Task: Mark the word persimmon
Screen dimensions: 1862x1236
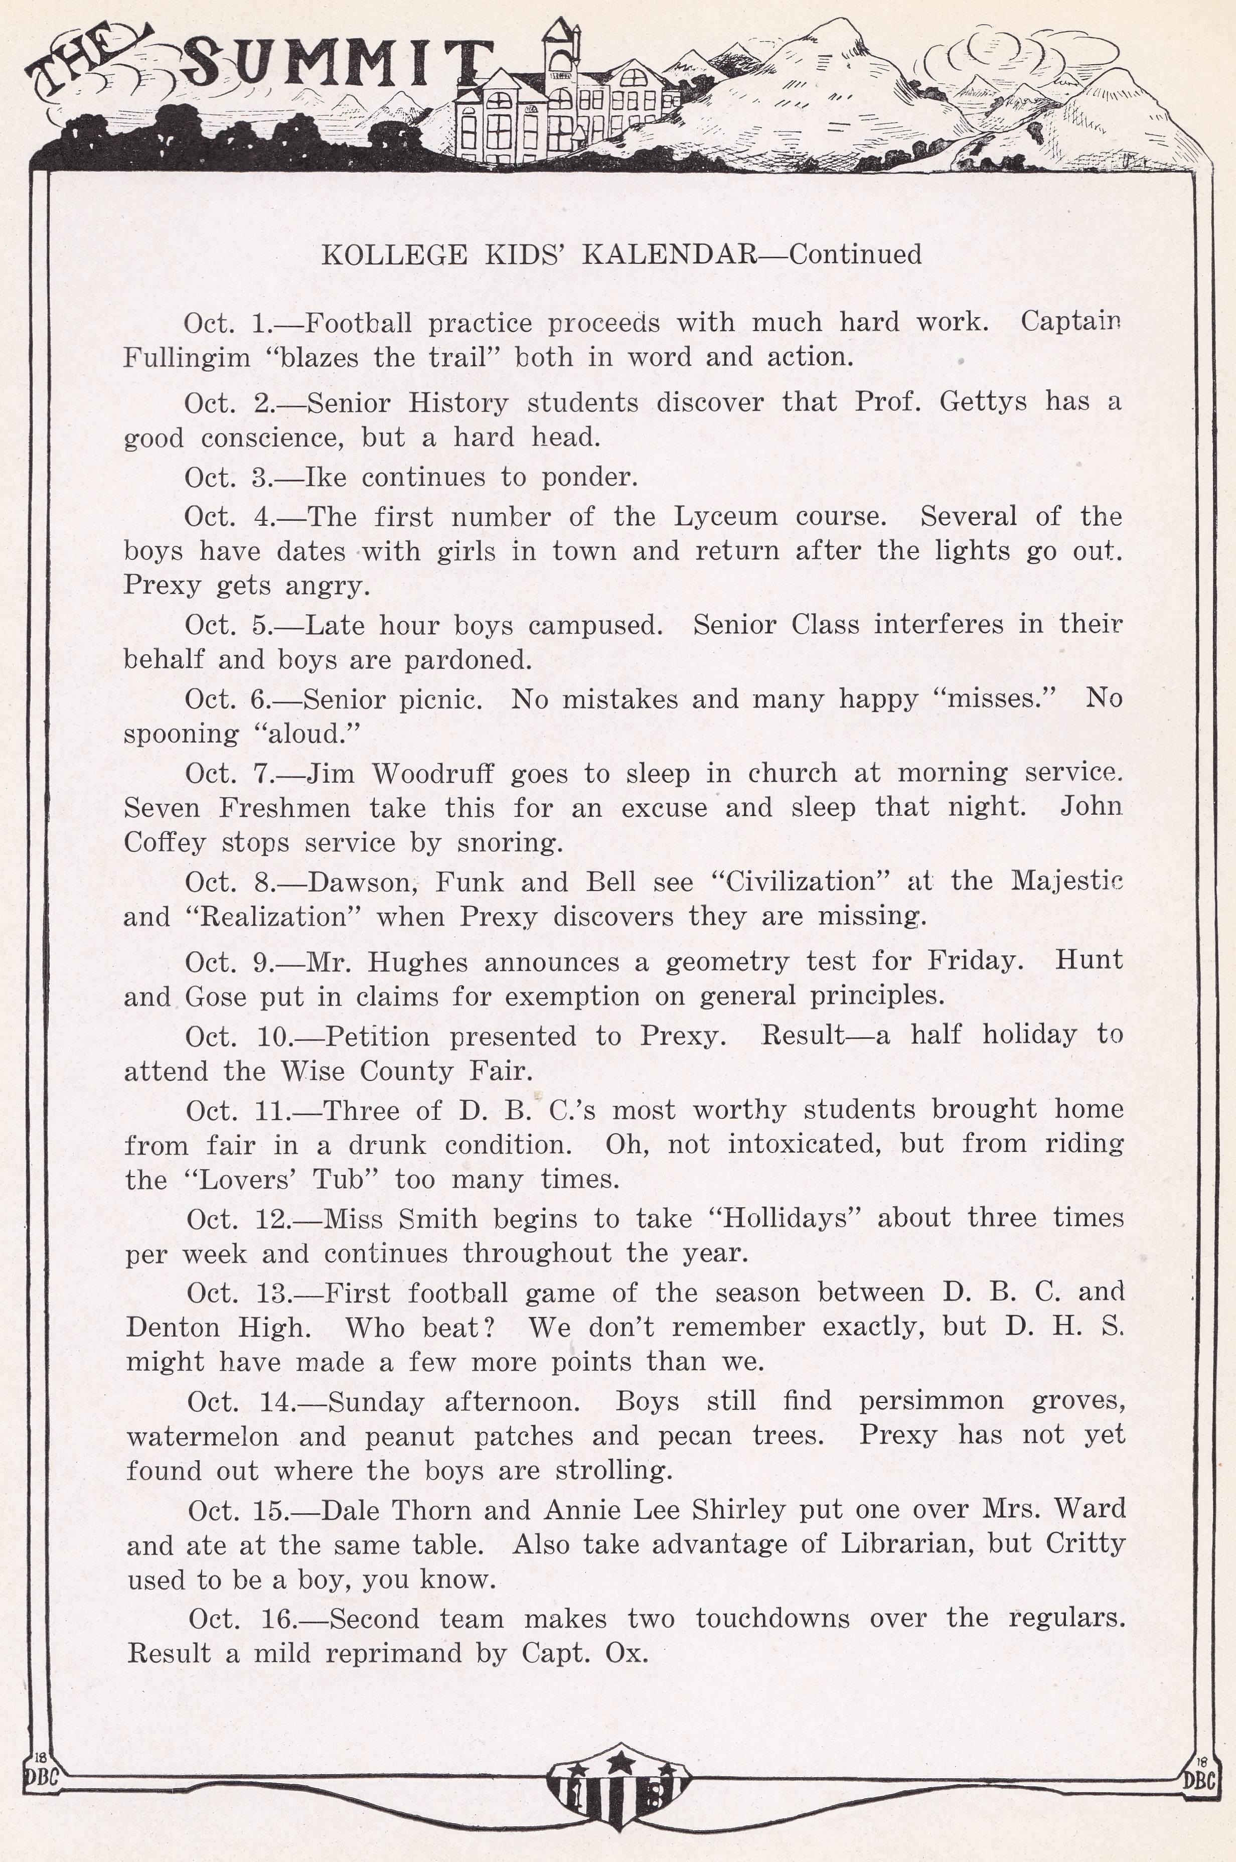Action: coord(931,1401)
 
